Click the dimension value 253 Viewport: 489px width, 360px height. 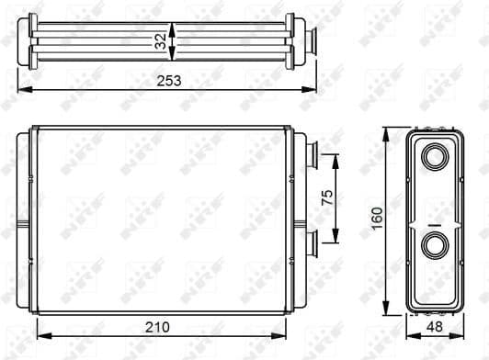click(167, 80)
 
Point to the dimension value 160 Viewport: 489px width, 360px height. click(377, 219)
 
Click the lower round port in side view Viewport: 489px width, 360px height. click(433, 245)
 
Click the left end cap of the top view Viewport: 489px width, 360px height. click(34, 39)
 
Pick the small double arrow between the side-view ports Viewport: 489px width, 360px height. click(433, 223)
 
